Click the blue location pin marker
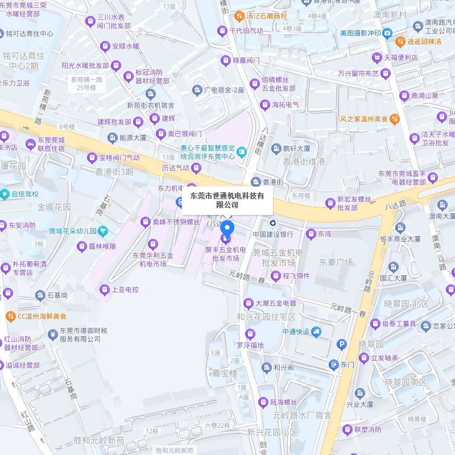click(227, 230)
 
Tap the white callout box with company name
click(227, 200)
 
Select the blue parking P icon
click(342, 344)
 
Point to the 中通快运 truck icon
click(316, 332)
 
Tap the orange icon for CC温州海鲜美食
click(10, 316)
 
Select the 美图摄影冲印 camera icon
click(387, 33)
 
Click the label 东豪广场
click(336, 262)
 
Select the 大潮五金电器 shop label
click(276, 303)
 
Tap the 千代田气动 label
click(246, 30)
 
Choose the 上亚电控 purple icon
click(104, 290)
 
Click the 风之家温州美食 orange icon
click(395, 119)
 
